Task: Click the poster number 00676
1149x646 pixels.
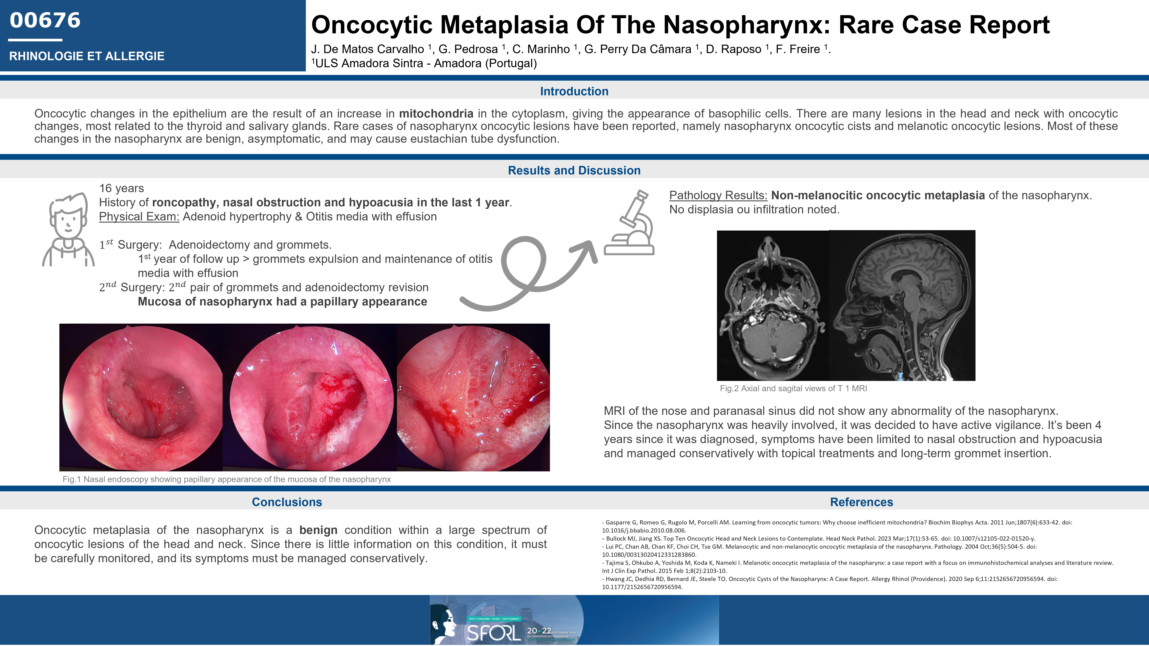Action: coord(45,21)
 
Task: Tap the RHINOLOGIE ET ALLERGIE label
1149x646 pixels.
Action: coord(86,56)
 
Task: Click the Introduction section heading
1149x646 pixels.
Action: coord(574,91)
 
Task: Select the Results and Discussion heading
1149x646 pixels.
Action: coord(574,170)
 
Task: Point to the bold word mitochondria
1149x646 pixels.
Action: coord(436,114)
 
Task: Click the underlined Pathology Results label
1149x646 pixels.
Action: coord(718,195)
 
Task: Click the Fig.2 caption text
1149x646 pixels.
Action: coord(793,388)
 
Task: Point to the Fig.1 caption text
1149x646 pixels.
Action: coord(227,479)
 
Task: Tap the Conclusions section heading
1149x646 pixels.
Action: coord(287,502)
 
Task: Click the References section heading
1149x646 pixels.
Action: coord(861,502)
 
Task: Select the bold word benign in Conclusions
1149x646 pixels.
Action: coord(318,530)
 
